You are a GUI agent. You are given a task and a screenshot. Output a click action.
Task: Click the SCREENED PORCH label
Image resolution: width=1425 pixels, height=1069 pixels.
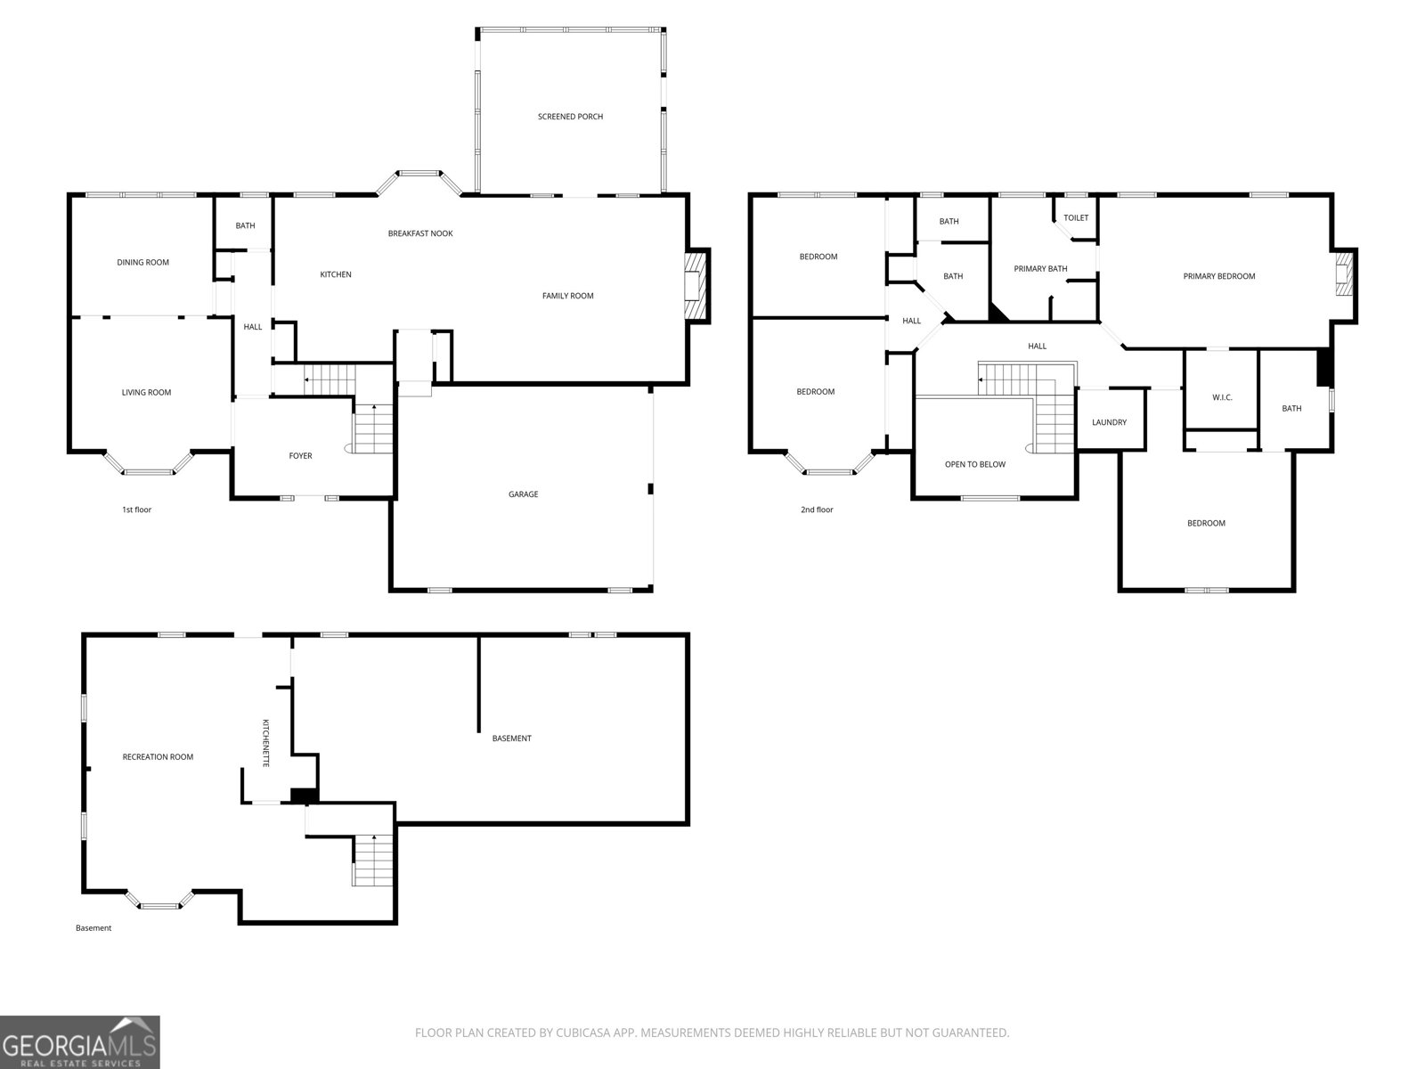click(x=570, y=117)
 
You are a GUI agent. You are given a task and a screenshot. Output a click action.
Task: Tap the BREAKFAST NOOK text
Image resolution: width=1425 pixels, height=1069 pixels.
click(x=420, y=233)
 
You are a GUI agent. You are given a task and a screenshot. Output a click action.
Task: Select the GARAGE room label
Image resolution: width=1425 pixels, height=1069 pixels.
click(x=523, y=494)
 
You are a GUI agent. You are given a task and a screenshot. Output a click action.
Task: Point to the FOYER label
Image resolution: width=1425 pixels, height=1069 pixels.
click(x=300, y=456)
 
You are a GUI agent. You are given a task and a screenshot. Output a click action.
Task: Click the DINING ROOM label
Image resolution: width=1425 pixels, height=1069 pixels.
click(x=142, y=263)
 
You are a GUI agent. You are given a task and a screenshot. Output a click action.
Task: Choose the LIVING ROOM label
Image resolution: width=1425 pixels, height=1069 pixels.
click(x=146, y=393)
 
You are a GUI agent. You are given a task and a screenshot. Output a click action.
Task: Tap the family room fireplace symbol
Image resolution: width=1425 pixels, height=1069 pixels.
click(x=696, y=286)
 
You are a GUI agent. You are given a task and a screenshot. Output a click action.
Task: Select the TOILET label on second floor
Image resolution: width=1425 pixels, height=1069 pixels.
click(x=1076, y=218)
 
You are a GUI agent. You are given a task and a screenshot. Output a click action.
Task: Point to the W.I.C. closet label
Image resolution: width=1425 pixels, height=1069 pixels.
click(x=1222, y=398)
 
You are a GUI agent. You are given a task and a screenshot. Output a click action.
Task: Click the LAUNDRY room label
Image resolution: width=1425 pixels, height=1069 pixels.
click(x=1109, y=422)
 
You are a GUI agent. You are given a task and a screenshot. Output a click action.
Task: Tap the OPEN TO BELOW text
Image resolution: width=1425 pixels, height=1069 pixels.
click(x=974, y=465)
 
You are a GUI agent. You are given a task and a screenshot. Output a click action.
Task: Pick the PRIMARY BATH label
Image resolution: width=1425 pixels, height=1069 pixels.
click(x=1040, y=269)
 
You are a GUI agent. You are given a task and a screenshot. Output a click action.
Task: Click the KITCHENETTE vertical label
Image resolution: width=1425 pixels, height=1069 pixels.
click(x=265, y=743)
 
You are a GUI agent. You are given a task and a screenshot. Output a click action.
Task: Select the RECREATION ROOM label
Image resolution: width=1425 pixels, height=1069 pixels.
click(x=158, y=757)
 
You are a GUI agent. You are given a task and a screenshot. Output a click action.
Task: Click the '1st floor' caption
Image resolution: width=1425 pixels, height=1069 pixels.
click(x=136, y=510)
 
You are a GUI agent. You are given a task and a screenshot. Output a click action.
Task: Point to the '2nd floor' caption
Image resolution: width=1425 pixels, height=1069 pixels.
click(x=817, y=510)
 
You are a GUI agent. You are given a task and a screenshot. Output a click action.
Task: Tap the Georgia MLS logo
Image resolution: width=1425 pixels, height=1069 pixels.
click(x=80, y=1042)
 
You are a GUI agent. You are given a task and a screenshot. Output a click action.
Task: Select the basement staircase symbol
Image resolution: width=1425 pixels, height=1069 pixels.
click(x=373, y=860)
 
